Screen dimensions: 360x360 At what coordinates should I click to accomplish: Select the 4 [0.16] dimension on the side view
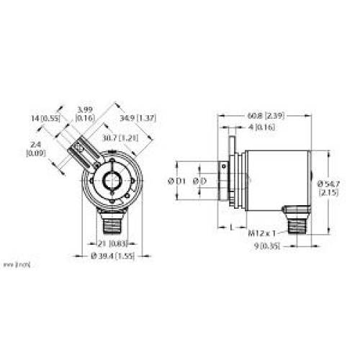pyautogui.click(x=258, y=127)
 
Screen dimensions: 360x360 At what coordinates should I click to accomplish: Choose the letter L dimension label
pyautogui.click(x=230, y=228)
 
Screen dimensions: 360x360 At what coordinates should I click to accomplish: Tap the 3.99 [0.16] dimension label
pyautogui.click(x=83, y=113)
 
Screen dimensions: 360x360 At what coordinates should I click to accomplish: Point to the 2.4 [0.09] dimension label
pyautogui.click(x=33, y=148)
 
